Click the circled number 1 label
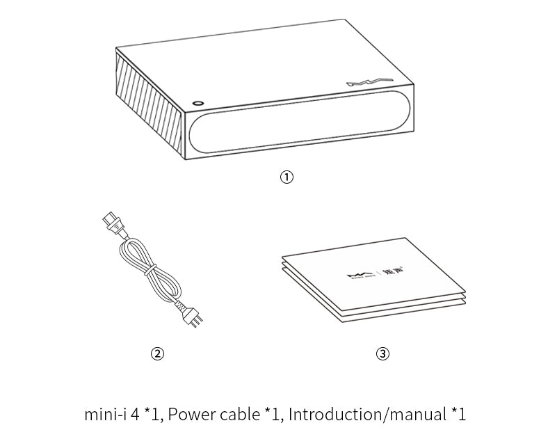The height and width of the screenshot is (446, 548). click(287, 177)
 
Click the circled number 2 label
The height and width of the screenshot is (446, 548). click(158, 353)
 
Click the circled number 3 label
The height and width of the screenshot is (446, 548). click(382, 353)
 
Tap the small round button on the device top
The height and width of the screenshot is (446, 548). click(198, 102)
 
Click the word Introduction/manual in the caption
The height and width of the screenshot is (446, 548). click(366, 415)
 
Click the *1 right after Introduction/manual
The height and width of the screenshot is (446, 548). click(458, 415)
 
